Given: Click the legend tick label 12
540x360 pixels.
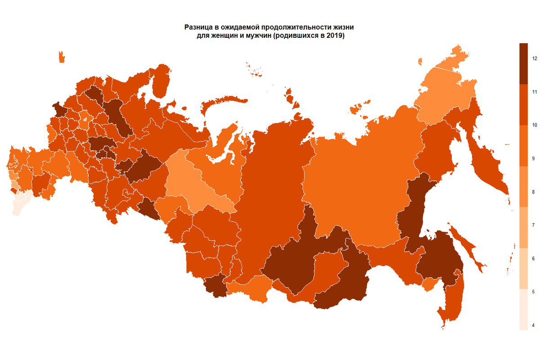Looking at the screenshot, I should pyautogui.click(x=534, y=58).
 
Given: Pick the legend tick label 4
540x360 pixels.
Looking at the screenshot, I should pyautogui.click(x=533, y=325).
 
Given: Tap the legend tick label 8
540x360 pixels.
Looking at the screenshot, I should pyautogui.click(x=533, y=192).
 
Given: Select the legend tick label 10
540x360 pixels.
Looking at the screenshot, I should pyautogui.click(x=534, y=125).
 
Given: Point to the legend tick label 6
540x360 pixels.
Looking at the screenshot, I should pyautogui.click(x=533, y=259).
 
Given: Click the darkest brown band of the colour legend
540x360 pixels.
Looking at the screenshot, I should pyautogui.click(x=523, y=63).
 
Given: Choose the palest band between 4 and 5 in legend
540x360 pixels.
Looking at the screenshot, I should pyautogui.click(x=523, y=310).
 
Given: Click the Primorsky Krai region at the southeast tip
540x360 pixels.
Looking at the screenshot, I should pyautogui.click(x=452, y=301).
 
